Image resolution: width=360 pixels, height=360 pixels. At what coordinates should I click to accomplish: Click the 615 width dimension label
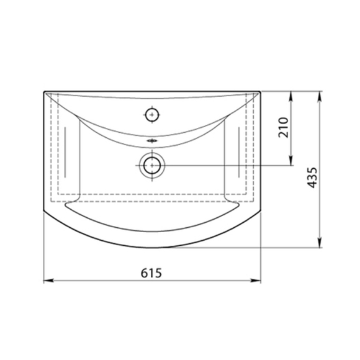pos(151,272)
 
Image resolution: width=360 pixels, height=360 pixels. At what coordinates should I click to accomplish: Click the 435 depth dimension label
pos(312,178)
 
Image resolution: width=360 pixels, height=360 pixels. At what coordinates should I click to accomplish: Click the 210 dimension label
pos(283,127)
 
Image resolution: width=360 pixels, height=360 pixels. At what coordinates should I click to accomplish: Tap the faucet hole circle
pos(152,115)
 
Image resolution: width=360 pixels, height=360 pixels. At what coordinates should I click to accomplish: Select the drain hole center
pos(152,165)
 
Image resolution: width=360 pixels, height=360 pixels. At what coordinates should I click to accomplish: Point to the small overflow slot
pos(152,140)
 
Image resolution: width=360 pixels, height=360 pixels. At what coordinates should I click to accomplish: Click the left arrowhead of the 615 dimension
pos(48,281)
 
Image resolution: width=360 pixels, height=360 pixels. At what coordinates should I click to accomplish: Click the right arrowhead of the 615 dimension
pos(256,281)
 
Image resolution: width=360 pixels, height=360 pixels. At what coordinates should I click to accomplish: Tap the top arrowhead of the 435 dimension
pos(320,97)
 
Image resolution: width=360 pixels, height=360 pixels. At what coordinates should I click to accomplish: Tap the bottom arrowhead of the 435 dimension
pos(320,243)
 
